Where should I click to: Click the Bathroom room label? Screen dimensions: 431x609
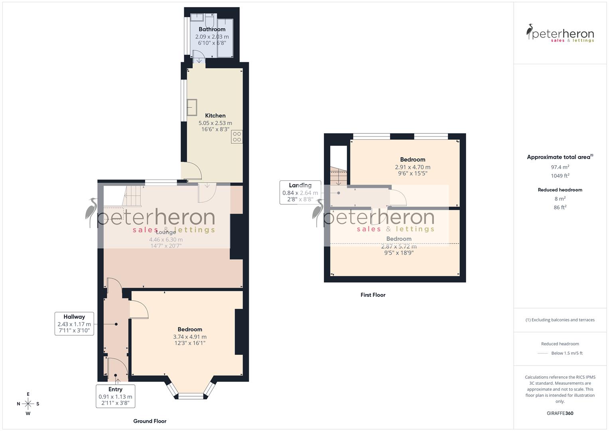212,29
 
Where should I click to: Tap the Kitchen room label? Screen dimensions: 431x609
215,116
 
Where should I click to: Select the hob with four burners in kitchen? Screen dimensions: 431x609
237,137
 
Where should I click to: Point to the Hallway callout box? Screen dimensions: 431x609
74,324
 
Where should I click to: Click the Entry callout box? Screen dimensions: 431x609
115,396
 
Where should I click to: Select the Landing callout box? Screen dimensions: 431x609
300,192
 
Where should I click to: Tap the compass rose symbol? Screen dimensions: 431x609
28,403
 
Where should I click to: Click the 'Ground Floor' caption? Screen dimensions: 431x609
150,421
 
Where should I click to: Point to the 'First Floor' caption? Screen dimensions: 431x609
373,295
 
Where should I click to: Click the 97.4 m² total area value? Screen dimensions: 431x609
560,167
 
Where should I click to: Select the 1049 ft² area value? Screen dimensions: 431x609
560,176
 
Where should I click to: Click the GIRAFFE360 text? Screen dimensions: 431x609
560,413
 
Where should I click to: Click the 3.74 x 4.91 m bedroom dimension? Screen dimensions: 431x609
190,337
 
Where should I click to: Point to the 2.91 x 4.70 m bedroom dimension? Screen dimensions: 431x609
412,167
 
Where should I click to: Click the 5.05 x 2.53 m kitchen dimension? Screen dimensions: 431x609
215,123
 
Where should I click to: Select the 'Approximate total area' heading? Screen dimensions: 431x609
560,157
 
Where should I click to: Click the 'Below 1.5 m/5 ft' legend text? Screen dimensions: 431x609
567,353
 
